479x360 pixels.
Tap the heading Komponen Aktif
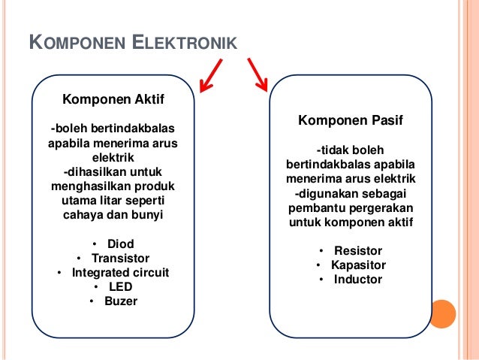(113, 98)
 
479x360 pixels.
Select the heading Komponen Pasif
(350, 120)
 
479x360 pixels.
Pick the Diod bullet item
(120, 244)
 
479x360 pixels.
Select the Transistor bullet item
(120, 259)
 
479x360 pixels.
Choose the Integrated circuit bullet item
(120, 273)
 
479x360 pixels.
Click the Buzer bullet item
(120, 301)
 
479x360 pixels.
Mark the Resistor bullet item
(358, 251)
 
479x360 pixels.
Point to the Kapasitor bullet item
(358, 265)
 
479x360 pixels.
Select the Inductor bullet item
(358, 280)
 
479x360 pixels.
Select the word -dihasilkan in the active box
(93, 173)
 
